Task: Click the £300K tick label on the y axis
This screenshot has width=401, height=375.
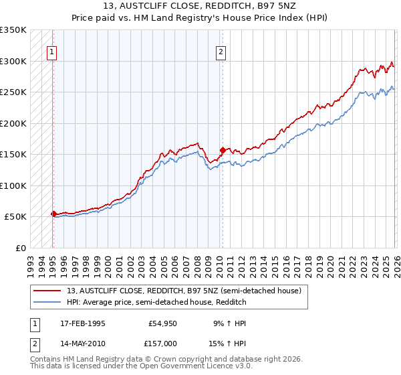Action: point(13,61)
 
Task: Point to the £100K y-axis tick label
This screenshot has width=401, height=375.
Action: point(13,185)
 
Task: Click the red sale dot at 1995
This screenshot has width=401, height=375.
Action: point(53,214)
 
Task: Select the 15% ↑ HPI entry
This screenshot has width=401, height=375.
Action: point(229,343)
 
